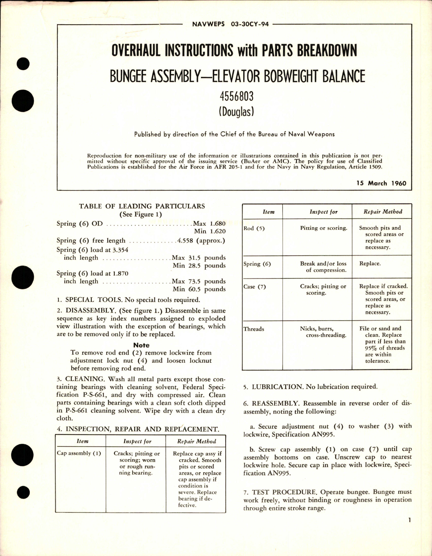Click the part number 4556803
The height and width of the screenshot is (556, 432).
coord(236,97)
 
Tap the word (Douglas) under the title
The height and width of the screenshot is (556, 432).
coord(236,112)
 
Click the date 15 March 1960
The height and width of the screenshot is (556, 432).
coord(381,183)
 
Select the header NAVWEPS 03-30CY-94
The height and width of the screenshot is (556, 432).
coord(230,24)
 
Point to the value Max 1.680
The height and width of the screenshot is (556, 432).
coord(209,224)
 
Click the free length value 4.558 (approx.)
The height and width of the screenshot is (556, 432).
coord(201,241)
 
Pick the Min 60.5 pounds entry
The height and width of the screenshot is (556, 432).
coord(199,289)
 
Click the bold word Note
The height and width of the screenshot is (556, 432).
coord(141,345)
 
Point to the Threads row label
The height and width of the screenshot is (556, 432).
coord(254,329)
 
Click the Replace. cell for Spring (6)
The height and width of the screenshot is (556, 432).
coord(370,263)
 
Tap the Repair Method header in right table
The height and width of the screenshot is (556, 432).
coord(383,212)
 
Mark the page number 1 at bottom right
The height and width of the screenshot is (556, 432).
coord(409,530)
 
